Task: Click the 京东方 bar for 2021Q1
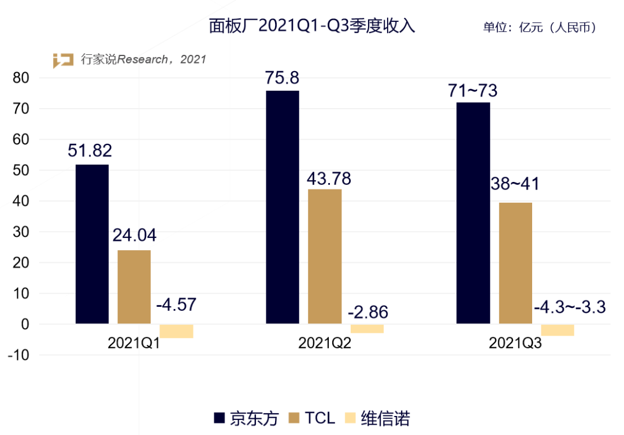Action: pos(92,244)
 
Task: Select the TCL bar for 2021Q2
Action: pos(325,256)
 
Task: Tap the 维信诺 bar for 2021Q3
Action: pos(558,330)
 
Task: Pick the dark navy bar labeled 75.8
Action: pos(283,207)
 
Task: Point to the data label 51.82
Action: pos(90,151)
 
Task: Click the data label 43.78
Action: pos(329,179)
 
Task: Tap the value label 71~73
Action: pos(473,91)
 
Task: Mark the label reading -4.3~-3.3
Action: pos(570,307)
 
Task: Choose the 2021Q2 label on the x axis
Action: pos(324,343)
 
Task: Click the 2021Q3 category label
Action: pos(515,343)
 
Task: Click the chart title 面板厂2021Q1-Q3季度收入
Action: pos(312,26)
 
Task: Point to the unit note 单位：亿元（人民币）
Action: pos(540,27)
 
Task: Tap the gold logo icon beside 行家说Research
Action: pos(64,60)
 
